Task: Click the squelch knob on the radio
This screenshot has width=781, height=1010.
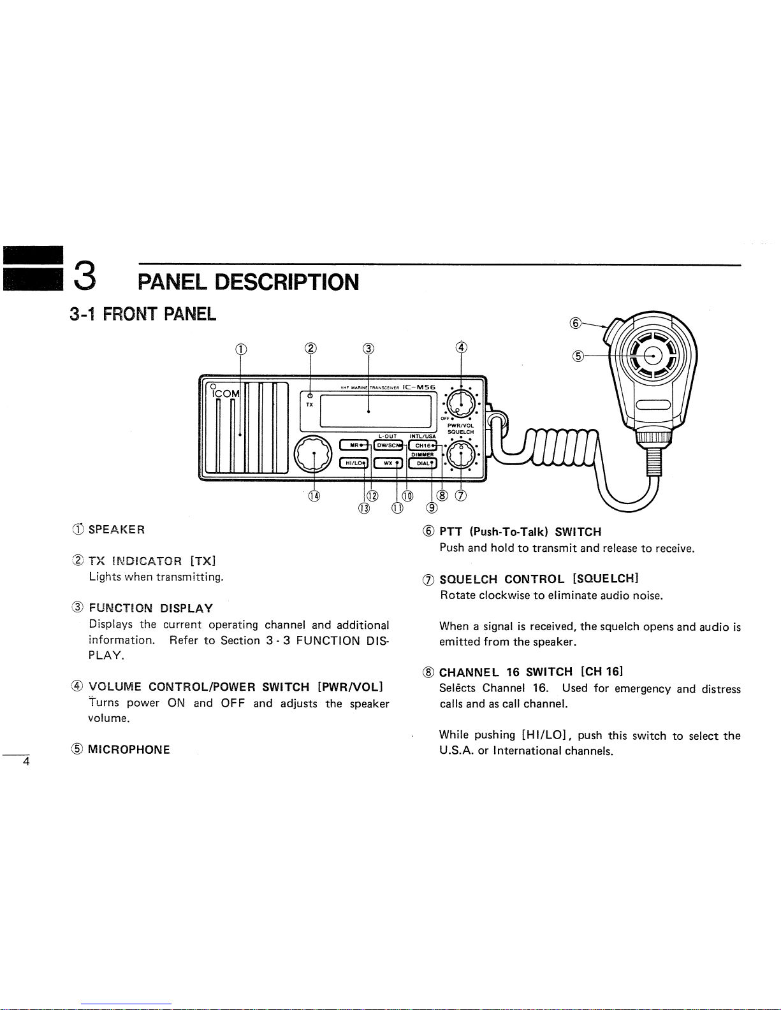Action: [x=461, y=454]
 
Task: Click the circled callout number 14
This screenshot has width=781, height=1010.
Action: [x=314, y=496]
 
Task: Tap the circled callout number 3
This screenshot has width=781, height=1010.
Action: [x=368, y=348]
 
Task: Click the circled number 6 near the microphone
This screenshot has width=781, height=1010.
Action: [x=575, y=323]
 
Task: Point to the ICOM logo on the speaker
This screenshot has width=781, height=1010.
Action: [x=226, y=394]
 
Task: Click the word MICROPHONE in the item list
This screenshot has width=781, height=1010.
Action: [x=129, y=749]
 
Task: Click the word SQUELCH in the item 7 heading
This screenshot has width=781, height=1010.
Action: [x=469, y=579]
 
